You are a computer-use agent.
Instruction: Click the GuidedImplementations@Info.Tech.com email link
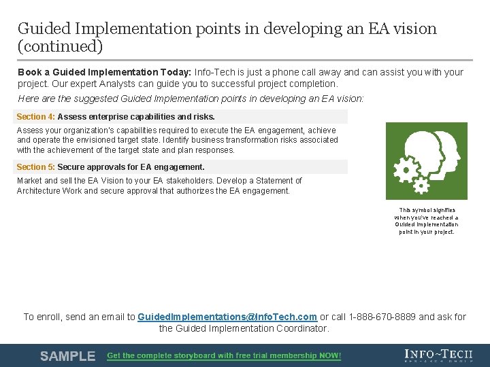[x=227, y=317]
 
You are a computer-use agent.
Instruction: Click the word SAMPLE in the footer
[x=67, y=356]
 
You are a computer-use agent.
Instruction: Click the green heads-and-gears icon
[x=427, y=160]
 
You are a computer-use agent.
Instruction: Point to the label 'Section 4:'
[x=35, y=117]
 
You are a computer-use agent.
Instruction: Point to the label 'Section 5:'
[x=35, y=167]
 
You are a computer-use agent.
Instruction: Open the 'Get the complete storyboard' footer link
[x=224, y=356]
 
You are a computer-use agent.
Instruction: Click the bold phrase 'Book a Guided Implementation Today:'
[x=104, y=72]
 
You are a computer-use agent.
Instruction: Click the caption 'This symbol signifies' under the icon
[x=427, y=210]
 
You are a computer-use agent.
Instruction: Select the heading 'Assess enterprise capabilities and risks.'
[x=136, y=117]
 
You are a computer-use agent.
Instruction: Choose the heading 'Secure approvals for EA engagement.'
[x=131, y=167]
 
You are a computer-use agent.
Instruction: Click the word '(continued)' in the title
[x=60, y=46]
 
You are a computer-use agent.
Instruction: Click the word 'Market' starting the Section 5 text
[x=29, y=181]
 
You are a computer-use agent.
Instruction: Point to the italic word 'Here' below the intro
[x=28, y=99]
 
